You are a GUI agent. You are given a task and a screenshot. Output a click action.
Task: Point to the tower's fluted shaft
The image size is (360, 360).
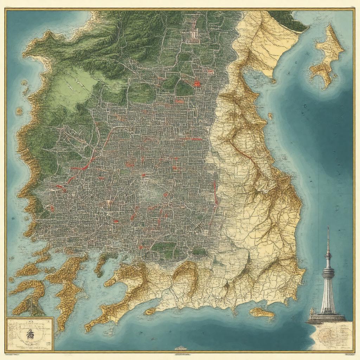[328, 295]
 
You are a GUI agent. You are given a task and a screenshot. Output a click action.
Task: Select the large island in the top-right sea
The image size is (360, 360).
[327, 56]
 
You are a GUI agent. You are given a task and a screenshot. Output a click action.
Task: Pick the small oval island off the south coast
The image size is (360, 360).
[262, 312]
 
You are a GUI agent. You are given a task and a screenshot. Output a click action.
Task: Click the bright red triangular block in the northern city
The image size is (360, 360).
[197, 83]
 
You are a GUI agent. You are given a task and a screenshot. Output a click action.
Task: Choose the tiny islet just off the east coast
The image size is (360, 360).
[270, 115]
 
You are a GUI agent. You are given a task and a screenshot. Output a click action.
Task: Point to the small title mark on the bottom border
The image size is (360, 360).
[180, 348]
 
